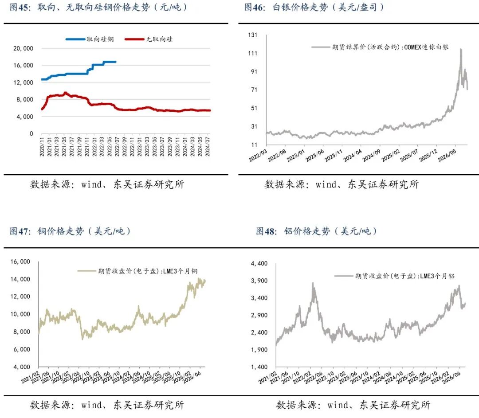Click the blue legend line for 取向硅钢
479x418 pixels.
(75, 39)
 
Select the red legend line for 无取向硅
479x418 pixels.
(134, 39)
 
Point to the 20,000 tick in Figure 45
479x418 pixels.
(23, 48)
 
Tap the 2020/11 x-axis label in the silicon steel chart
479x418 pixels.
(42, 147)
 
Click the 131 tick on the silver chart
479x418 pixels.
(253, 35)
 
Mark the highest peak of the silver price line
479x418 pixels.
(461, 49)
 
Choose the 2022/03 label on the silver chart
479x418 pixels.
(258, 156)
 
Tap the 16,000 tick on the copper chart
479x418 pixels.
(20, 262)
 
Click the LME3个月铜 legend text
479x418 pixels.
(180, 271)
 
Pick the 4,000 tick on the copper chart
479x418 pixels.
(21, 367)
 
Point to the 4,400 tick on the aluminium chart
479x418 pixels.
(259, 263)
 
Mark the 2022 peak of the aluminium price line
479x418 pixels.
(313, 283)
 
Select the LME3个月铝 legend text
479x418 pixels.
(437, 276)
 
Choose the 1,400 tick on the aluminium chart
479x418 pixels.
(259, 367)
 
